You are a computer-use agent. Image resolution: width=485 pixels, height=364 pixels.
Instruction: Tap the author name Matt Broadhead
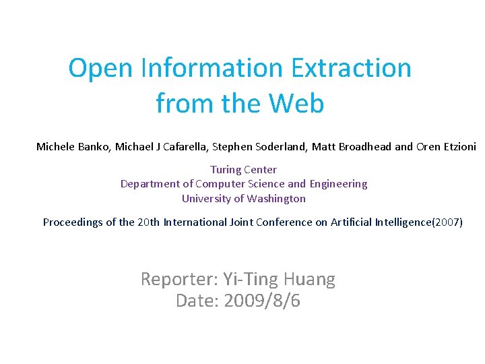click(351, 146)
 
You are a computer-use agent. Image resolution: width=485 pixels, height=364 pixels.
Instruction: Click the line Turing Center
click(243, 170)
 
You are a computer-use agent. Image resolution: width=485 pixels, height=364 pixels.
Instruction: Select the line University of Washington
click(243, 199)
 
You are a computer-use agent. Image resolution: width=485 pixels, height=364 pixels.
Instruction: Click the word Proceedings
click(73, 222)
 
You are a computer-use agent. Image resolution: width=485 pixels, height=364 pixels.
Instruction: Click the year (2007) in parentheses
click(447, 222)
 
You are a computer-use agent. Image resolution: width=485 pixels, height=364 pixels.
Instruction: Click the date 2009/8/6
click(262, 301)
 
